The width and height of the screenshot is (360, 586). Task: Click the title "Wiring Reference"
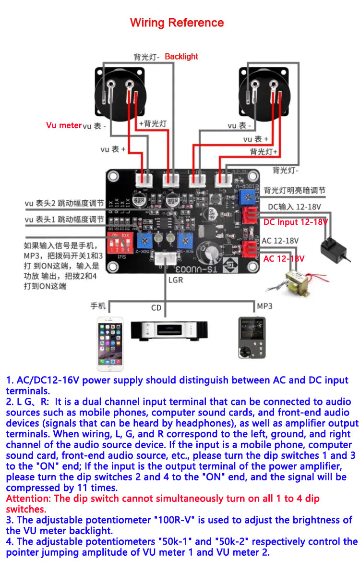[177, 23]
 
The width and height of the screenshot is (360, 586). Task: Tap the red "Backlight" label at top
[181, 57]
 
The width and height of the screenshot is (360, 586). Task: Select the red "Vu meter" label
[64, 125]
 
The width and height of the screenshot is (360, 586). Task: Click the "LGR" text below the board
[175, 280]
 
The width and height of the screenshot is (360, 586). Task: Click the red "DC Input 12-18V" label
[295, 222]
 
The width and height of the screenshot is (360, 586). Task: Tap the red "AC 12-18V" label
[284, 259]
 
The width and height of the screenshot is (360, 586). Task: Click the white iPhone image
[110, 343]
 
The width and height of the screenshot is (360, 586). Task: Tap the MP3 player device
[252, 337]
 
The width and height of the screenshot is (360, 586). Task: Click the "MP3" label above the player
[264, 306]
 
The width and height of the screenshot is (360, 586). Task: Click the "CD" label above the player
[156, 308]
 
